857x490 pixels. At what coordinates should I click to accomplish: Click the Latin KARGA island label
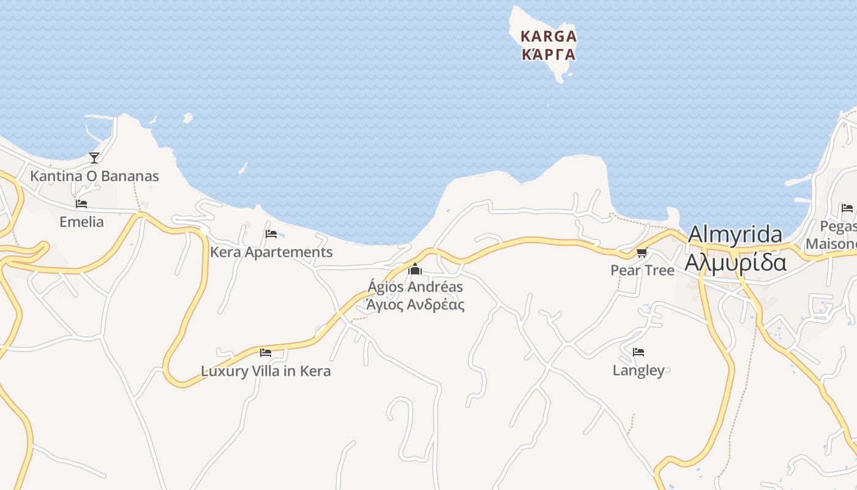point(548,36)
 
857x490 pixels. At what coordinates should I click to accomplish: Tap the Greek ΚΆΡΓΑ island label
point(548,54)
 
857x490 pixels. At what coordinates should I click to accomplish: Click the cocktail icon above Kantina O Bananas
point(94,158)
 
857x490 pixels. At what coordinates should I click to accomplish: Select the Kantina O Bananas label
point(94,176)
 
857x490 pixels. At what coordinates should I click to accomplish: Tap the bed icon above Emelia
point(81,204)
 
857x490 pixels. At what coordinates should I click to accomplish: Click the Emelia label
point(81,222)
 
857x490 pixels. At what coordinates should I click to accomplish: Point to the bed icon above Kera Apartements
point(271,233)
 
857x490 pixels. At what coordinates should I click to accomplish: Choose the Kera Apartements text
point(271,252)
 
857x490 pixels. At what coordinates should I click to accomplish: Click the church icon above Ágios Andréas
point(415,269)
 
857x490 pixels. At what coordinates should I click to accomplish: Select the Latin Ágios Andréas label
point(415,287)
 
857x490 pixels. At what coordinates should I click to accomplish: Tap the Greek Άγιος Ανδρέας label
point(415,304)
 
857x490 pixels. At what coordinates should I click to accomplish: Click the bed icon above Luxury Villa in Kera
point(266,352)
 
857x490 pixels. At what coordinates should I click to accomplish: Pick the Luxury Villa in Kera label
point(266,371)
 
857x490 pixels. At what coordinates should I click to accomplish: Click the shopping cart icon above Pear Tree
point(642,252)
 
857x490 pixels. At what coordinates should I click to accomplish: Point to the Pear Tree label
point(642,270)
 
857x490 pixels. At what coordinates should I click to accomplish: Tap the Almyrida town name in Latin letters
point(735,235)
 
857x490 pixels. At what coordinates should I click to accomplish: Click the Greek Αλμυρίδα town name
point(735,262)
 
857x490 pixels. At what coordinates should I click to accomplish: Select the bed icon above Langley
point(638,352)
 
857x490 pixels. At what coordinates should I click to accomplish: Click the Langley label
point(638,371)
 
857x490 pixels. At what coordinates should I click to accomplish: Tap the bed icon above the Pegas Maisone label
point(847,208)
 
